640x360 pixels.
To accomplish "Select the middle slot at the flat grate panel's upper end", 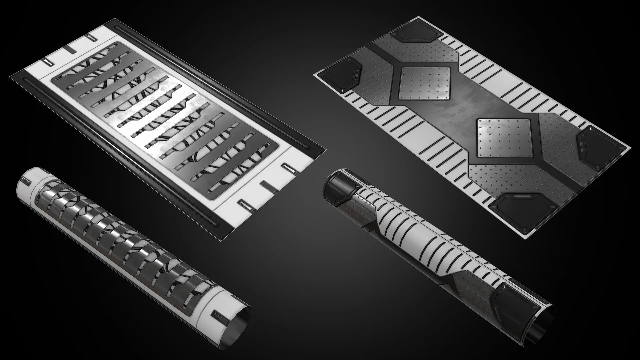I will [x=71, y=50].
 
